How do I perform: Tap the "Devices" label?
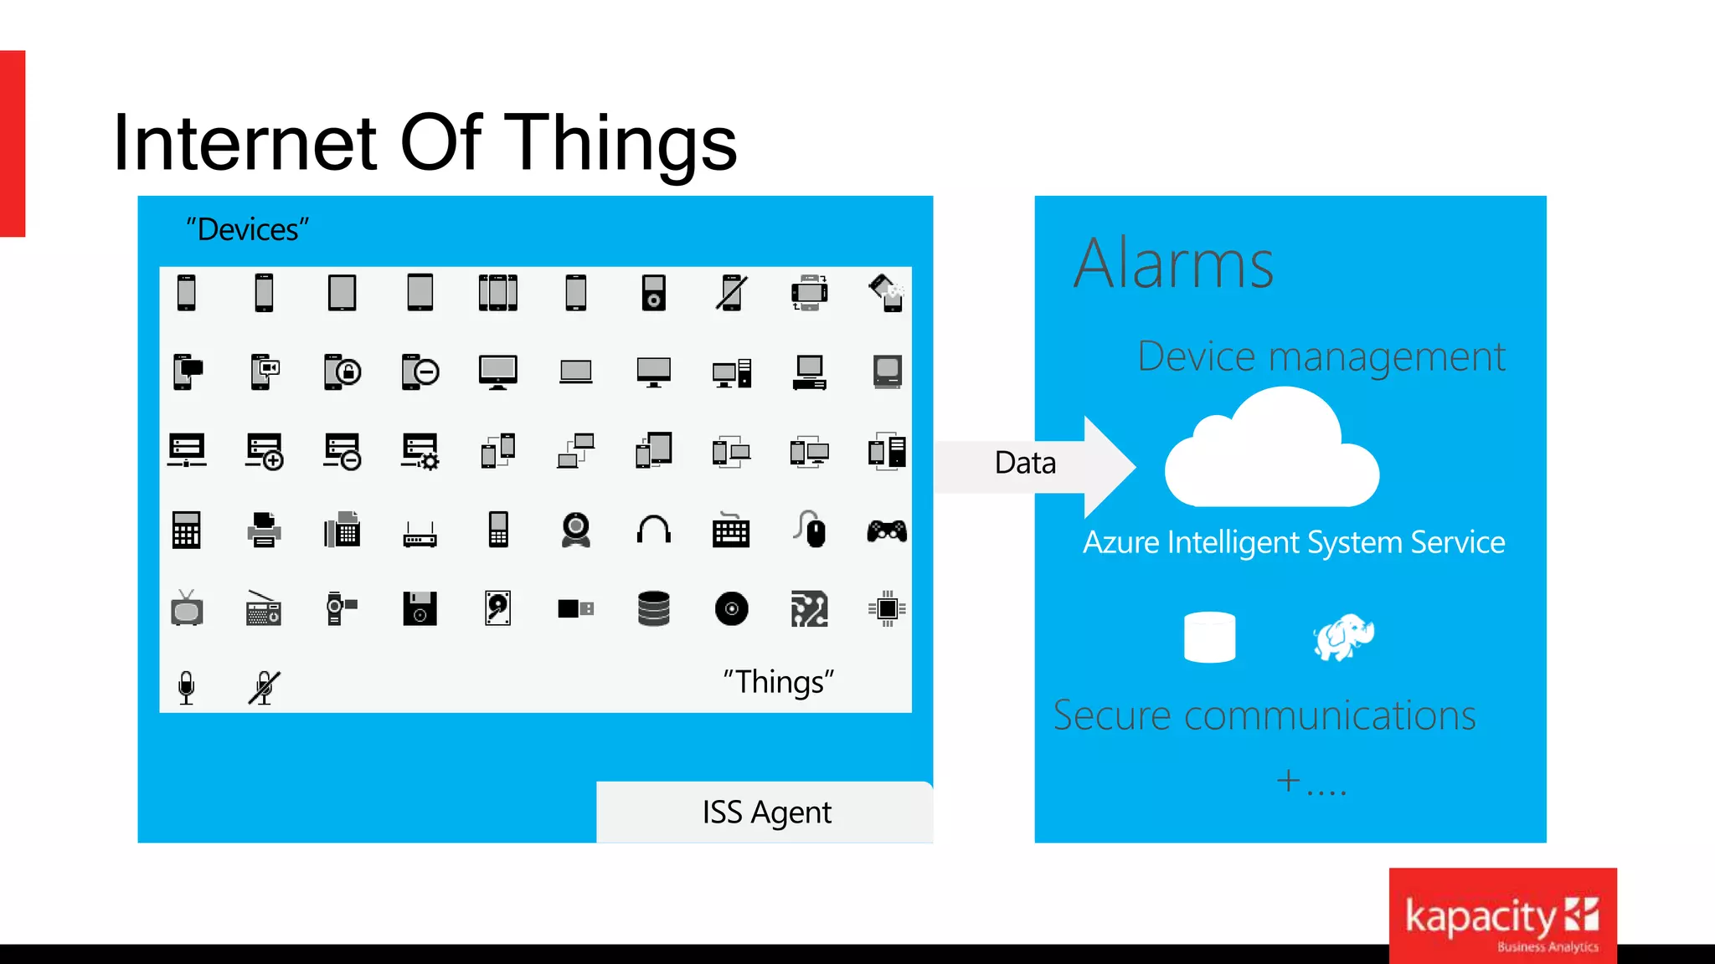(x=248, y=229)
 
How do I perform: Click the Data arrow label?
(x=1025, y=463)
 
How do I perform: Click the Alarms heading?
(x=1173, y=264)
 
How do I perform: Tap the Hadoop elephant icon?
(x=1343, y=638)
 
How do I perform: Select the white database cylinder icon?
(x=1209, y=638)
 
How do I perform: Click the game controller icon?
(x=887, y=531)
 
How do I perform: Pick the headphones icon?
(x=654, y=531)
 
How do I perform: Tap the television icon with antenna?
(x=187, y=608)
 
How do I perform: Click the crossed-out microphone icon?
(x=264, y=688)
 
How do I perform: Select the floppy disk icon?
(x=420, y=608)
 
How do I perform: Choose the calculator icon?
(x=187, y=531)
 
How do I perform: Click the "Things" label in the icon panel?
(x=779, y=682)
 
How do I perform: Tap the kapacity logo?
(x=1502, y=916)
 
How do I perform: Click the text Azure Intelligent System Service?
(x=1294, y=542)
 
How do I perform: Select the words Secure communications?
(x=1264, y=716)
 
